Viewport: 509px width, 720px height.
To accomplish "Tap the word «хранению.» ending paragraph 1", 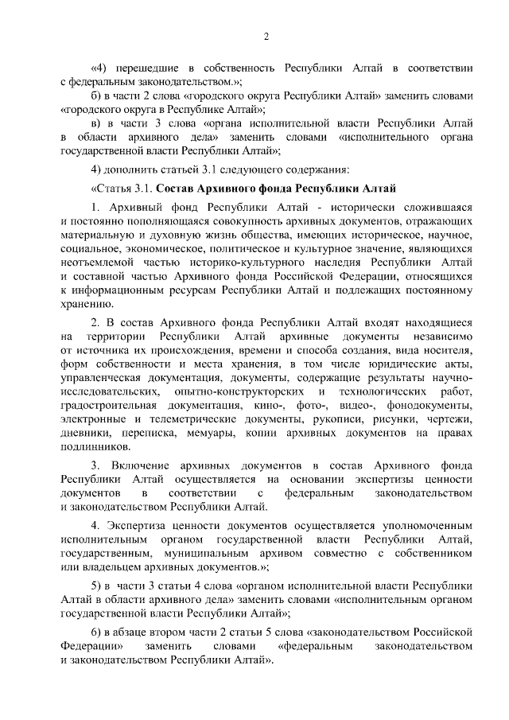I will coord(87,303).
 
